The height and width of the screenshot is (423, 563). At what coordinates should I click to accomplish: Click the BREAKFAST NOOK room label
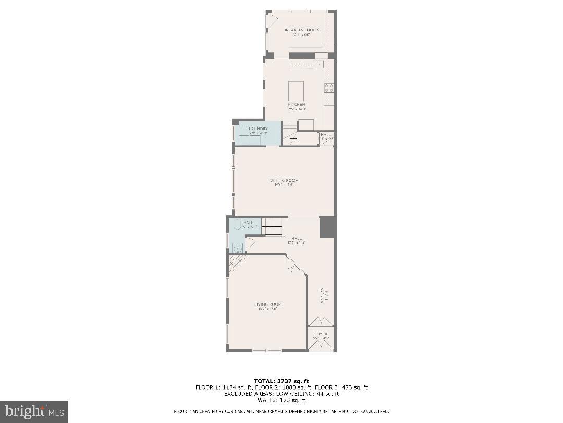click(301, 30)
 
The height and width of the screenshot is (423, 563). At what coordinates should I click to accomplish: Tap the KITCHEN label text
click(296, 105)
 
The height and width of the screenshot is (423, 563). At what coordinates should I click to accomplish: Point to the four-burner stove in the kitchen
click(329, 88)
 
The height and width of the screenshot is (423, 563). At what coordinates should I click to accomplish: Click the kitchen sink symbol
click(319, 63)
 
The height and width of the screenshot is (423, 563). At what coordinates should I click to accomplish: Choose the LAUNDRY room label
click(258, 128)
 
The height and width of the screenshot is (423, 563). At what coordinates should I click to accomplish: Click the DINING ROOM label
click(284, 180)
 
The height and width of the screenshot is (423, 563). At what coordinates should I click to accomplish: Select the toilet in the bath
click(236, 225)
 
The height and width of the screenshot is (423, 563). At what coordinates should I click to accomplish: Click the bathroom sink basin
click(237, 248)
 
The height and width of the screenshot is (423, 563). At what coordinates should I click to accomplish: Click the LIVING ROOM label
click(268, 304)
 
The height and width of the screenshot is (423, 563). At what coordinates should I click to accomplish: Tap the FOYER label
click(321, 334)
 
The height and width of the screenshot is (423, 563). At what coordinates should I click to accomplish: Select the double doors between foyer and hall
click(321, 321)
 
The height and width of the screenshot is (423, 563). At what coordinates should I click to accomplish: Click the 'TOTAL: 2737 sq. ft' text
click(281, 381)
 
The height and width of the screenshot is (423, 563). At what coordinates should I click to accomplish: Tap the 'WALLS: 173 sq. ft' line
click(281, 400)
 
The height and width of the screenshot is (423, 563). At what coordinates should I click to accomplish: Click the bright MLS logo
click(34, 412)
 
